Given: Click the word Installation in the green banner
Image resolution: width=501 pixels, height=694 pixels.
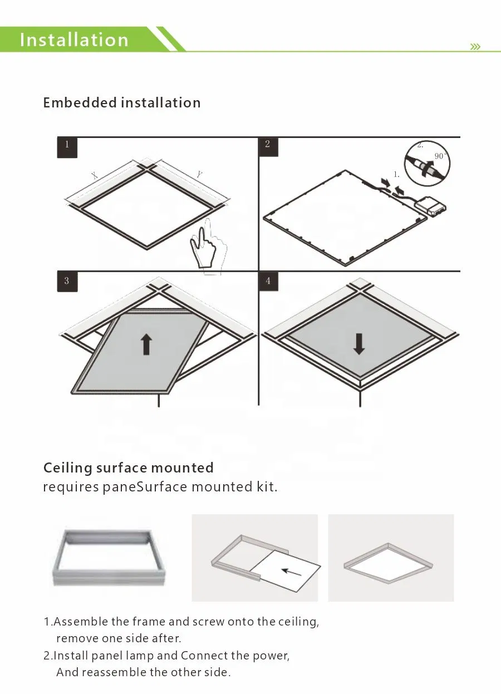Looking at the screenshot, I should pos(74,40).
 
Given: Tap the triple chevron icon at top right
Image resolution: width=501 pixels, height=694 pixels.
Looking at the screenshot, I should pos(475,47).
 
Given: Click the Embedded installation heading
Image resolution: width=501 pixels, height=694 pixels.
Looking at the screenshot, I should pos(122,103).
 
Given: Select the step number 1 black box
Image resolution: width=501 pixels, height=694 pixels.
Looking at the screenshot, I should pos(67,145).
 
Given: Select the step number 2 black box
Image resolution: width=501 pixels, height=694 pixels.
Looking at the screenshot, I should pos(268,145).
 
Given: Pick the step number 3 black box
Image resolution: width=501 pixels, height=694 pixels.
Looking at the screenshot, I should pos(67,281).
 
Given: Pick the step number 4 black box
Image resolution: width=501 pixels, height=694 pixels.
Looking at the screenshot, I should pos(268,281).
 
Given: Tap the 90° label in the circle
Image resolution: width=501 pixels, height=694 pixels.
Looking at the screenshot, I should pos(440,157).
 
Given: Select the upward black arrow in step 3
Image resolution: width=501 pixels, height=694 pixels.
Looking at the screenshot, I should pos(146,344).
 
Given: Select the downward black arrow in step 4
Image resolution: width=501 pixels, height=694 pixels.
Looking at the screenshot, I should pos(359,344).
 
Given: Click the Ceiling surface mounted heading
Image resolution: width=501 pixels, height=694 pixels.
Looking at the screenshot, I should pos(129,468).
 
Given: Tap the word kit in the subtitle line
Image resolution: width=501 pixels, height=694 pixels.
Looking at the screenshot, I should pos(266,488).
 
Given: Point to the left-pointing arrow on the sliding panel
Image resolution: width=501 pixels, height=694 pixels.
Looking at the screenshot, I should pos(291,572).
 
